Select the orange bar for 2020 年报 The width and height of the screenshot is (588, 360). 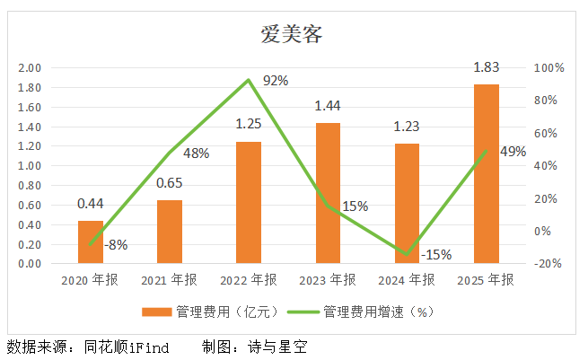click(90, 242)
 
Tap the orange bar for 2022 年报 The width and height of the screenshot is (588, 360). click(249, 203)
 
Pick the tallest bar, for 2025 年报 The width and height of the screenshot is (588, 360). click(486, 174)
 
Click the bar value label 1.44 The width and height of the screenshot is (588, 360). click(328, 107)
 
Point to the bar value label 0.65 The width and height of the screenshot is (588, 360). click(169, 184)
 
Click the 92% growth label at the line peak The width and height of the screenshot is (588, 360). click(275, 81)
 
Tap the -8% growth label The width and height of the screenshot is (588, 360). click(116, 243)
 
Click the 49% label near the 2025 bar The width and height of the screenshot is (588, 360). click(512, 152)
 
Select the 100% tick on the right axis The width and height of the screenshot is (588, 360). click(548, 68)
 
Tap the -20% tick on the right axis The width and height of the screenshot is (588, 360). click(548, 264)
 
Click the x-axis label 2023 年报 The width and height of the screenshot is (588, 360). click(327, 280)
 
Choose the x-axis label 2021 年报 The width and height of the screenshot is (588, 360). click(169, 280)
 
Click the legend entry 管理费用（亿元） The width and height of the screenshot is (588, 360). click(210, 312)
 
